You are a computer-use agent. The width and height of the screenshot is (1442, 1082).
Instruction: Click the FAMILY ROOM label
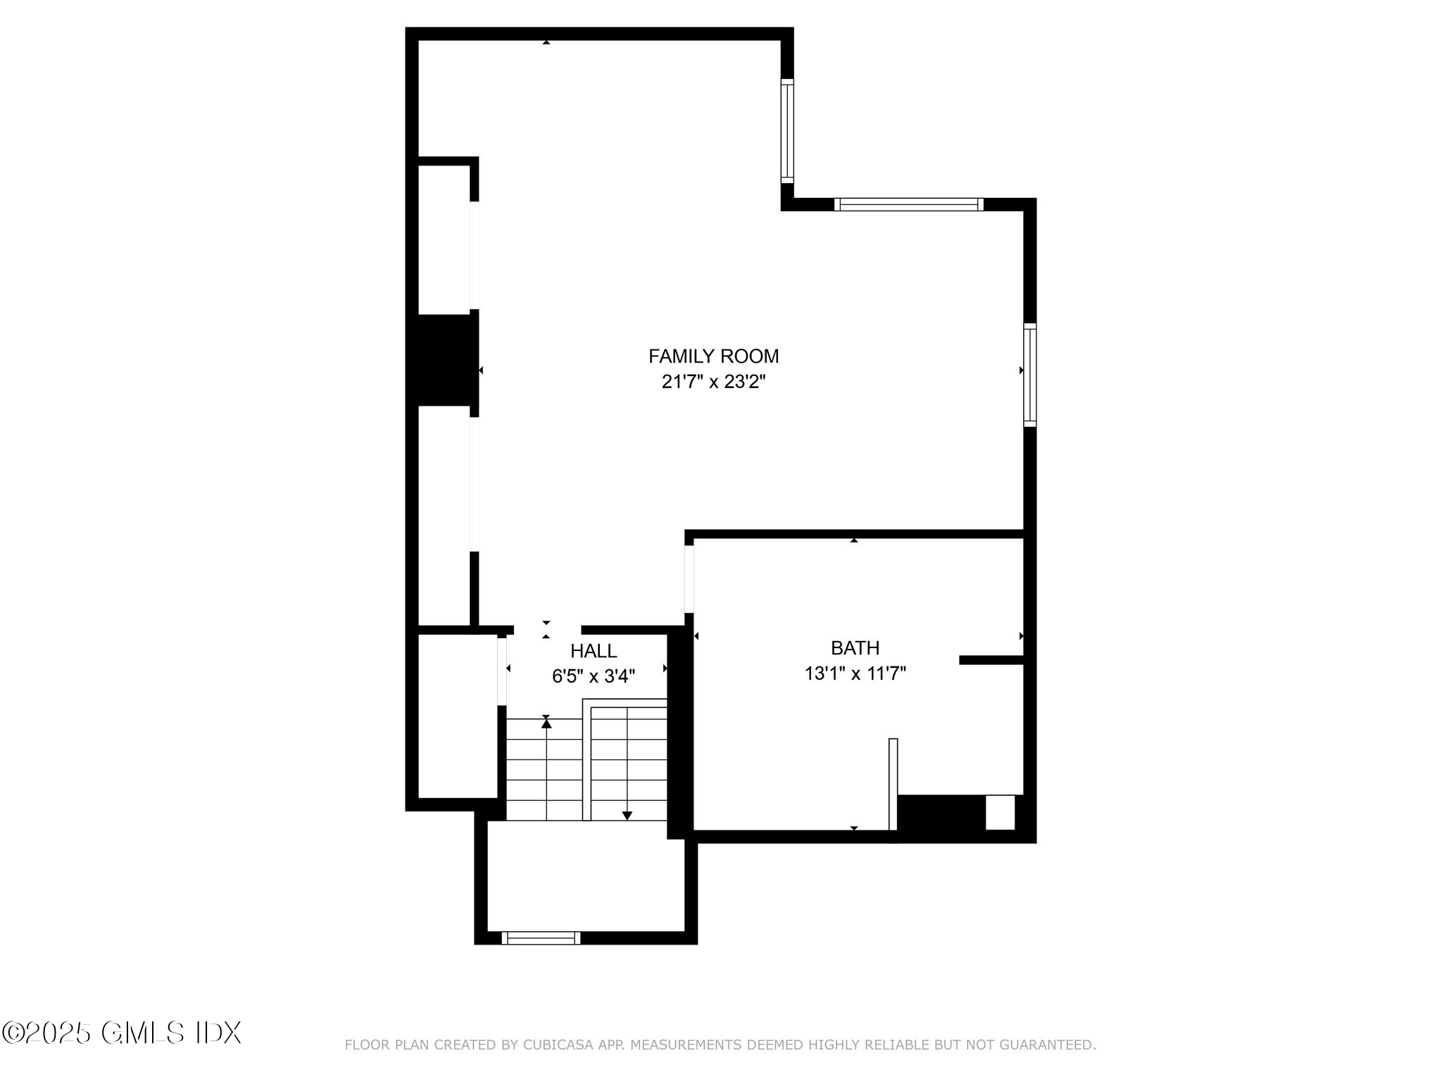pyautogui.click(x=713, y=356)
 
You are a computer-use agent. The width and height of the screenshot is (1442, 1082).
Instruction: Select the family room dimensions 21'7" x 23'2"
pyautogui.click(x=713, y=382)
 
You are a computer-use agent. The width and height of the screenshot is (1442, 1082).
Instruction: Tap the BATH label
pyautogui.click(x=855, y=647)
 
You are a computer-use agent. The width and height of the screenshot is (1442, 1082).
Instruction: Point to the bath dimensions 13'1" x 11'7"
pyautogui.click(x=855, y=673)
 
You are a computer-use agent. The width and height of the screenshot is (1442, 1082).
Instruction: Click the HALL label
pyautogui.click(x=594, y=650)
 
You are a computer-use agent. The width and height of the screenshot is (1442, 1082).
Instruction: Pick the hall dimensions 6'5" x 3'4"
pyautogui.click(x=594, y=676)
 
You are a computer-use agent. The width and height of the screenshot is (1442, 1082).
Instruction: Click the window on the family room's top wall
pyautogui.click(x=908, y=204)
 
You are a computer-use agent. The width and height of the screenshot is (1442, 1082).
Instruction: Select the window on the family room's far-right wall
pyautogui.click(x=1029, y=374)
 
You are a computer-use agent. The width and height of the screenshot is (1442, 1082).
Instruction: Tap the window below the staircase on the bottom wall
pyautogui.click(x=541, y=938)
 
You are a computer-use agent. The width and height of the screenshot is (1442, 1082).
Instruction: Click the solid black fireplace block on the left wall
pyautogui.click(x=444, y=360)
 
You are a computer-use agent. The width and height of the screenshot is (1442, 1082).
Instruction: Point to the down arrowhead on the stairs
pyautogui.click(x=627, y=816)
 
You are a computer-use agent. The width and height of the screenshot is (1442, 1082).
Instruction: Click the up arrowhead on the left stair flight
pyautogui.click(x=546, y=722)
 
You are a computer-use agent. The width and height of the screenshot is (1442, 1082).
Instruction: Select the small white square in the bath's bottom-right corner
pyautogui.click(x=1000, y=812)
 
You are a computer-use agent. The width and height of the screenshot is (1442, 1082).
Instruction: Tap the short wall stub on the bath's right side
pyautogui.click(x=990, y=660)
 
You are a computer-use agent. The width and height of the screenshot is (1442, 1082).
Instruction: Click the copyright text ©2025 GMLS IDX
pyautogui.click(x=121, y=1033)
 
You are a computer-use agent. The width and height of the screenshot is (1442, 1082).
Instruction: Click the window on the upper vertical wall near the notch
pyautogui.click(x=787, y=131)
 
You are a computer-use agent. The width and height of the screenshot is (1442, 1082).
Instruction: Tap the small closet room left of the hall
pyautogui.click(x=458, y=716)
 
